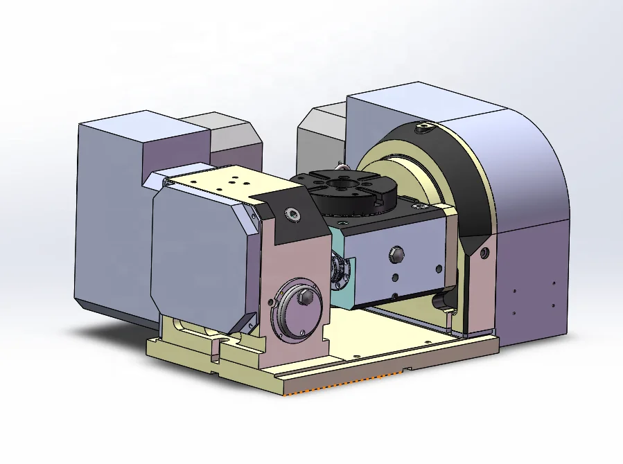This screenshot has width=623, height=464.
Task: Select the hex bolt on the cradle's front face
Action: coord(396,253)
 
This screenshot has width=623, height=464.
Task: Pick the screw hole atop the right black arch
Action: coord(424,127)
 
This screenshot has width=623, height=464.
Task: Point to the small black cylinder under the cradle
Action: coord(440,299)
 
